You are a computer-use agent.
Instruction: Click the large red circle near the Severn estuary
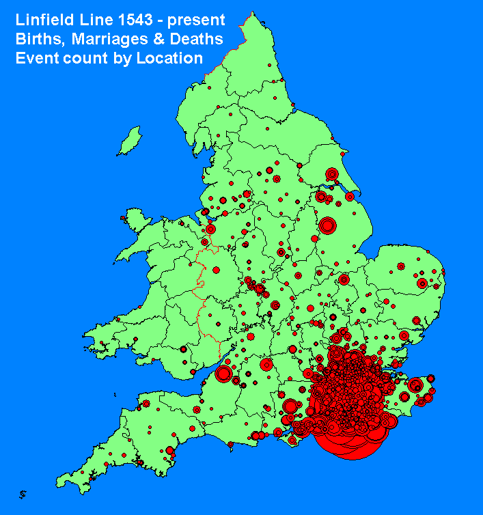pos(223,374)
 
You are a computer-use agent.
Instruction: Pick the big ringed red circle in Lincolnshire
pos(328,225)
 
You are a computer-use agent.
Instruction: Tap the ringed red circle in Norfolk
pos(422,283)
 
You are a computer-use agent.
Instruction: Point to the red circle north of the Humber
pos(332,174)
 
